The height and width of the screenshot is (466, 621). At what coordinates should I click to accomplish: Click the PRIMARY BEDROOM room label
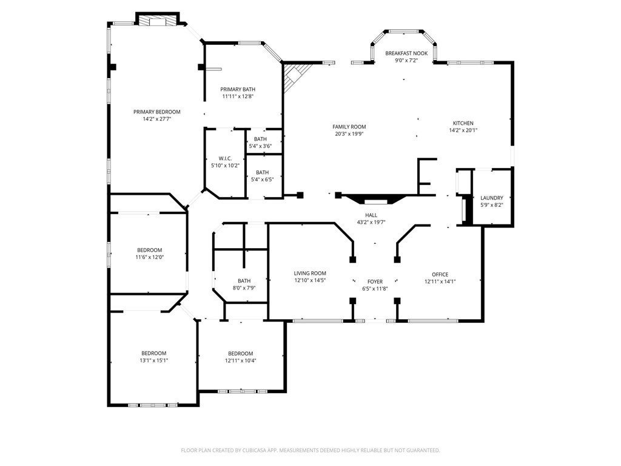[157, 112]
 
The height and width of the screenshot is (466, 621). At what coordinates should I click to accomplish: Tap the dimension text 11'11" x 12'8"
[238, 96]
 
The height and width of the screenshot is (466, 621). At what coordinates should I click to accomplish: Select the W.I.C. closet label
[225, 158]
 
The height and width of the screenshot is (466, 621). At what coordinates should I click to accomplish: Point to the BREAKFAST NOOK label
[406, 53]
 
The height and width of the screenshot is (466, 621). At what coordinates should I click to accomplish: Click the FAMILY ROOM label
[349, 127]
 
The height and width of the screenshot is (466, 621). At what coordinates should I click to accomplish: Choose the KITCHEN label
[463, 123]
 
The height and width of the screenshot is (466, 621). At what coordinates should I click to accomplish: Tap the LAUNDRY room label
[491, 198]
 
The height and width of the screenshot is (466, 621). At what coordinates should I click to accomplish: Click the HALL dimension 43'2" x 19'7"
[371, 222]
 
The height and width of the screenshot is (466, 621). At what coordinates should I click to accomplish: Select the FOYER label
[375, 282]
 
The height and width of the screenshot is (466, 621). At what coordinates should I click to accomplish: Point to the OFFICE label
[440, 274]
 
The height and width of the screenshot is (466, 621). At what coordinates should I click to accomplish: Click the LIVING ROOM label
[310, 273]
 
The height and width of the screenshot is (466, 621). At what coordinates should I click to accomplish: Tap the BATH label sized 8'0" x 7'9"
[244, 281]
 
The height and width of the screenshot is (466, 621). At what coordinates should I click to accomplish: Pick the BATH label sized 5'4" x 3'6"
[260, 139]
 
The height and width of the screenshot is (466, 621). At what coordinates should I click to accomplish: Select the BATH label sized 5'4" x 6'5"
[262, 172]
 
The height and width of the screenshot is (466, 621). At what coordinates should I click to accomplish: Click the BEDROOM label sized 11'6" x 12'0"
[150, 250]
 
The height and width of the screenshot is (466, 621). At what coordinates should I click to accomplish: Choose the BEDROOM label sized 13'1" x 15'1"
[153, 354]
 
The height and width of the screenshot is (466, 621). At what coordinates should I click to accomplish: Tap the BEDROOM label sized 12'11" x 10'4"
[240, 354]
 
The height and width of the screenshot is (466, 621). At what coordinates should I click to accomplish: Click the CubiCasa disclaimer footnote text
[310, 450]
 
